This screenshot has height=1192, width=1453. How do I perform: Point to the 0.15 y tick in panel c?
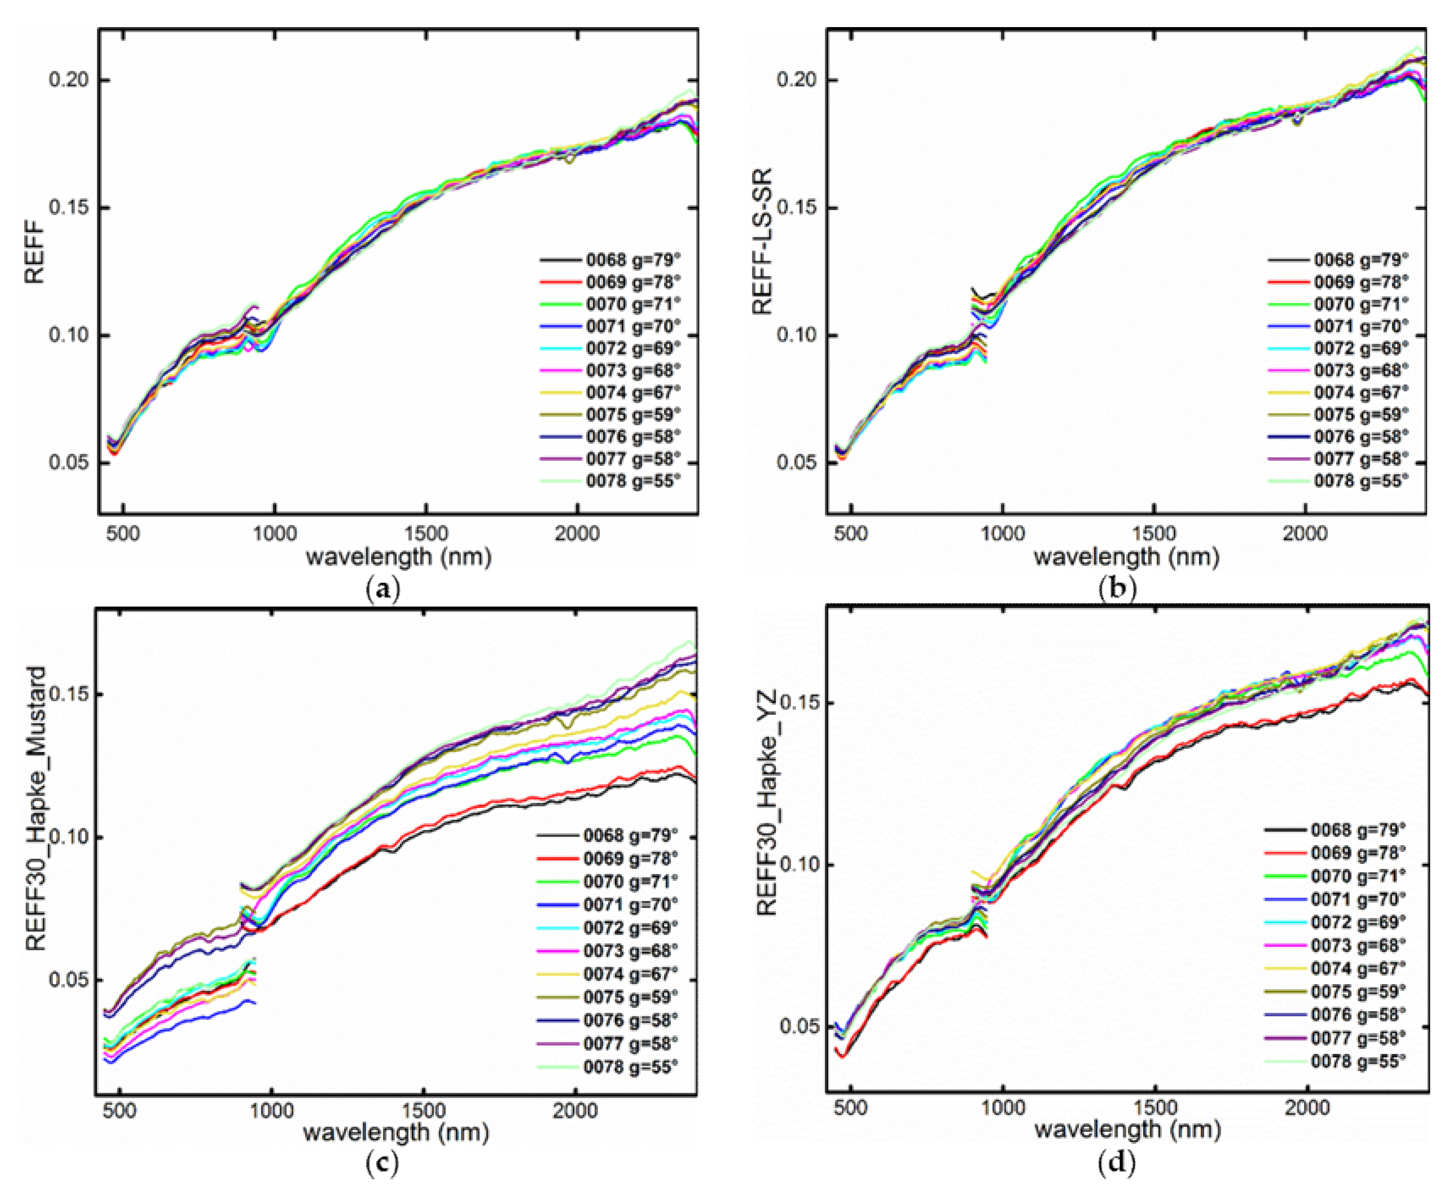click(69, 694)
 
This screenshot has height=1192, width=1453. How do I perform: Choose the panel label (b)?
click(1117, 589)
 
